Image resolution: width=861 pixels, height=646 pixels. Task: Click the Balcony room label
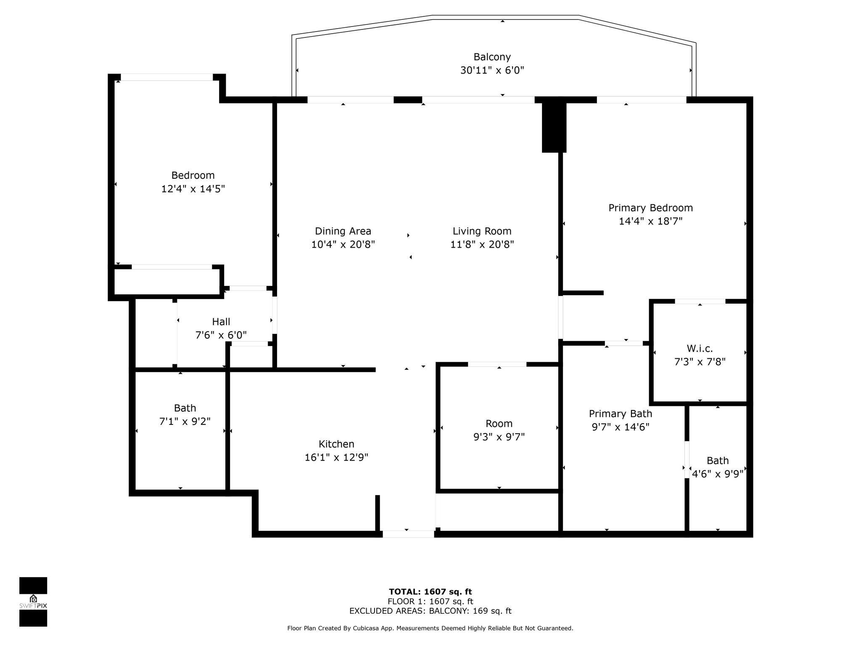click(492, 57)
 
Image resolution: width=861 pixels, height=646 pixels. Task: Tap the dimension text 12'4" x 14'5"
click(193, 189)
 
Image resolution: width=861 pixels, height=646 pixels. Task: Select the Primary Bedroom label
click(650, 208)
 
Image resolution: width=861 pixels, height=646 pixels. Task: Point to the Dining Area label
click(343, 231)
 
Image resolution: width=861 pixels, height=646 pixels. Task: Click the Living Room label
click(482, 231)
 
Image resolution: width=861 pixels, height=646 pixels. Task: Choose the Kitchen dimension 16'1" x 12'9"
click(336, 457)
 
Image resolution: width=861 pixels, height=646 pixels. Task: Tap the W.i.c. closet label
click(700, 348)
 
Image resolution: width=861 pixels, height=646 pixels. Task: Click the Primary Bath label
click(621, 413)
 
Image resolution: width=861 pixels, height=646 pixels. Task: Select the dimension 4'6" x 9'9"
click(718, 474)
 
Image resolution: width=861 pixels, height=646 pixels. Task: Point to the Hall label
click(221, 322)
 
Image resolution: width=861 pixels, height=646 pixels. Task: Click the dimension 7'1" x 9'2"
click(185, 421)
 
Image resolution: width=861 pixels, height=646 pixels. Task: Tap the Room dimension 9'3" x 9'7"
click(499, 437)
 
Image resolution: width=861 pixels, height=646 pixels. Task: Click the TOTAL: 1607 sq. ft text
click(430, 592)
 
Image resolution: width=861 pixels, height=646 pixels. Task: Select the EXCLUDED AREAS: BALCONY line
click(430, 611)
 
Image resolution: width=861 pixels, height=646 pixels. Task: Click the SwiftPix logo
click(33, 602)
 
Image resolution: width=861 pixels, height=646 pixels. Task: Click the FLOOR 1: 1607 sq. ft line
click(430, 601)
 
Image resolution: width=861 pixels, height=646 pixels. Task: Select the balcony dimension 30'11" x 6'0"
click(492, 70)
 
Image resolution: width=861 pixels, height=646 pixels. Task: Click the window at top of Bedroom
click(167, 77)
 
